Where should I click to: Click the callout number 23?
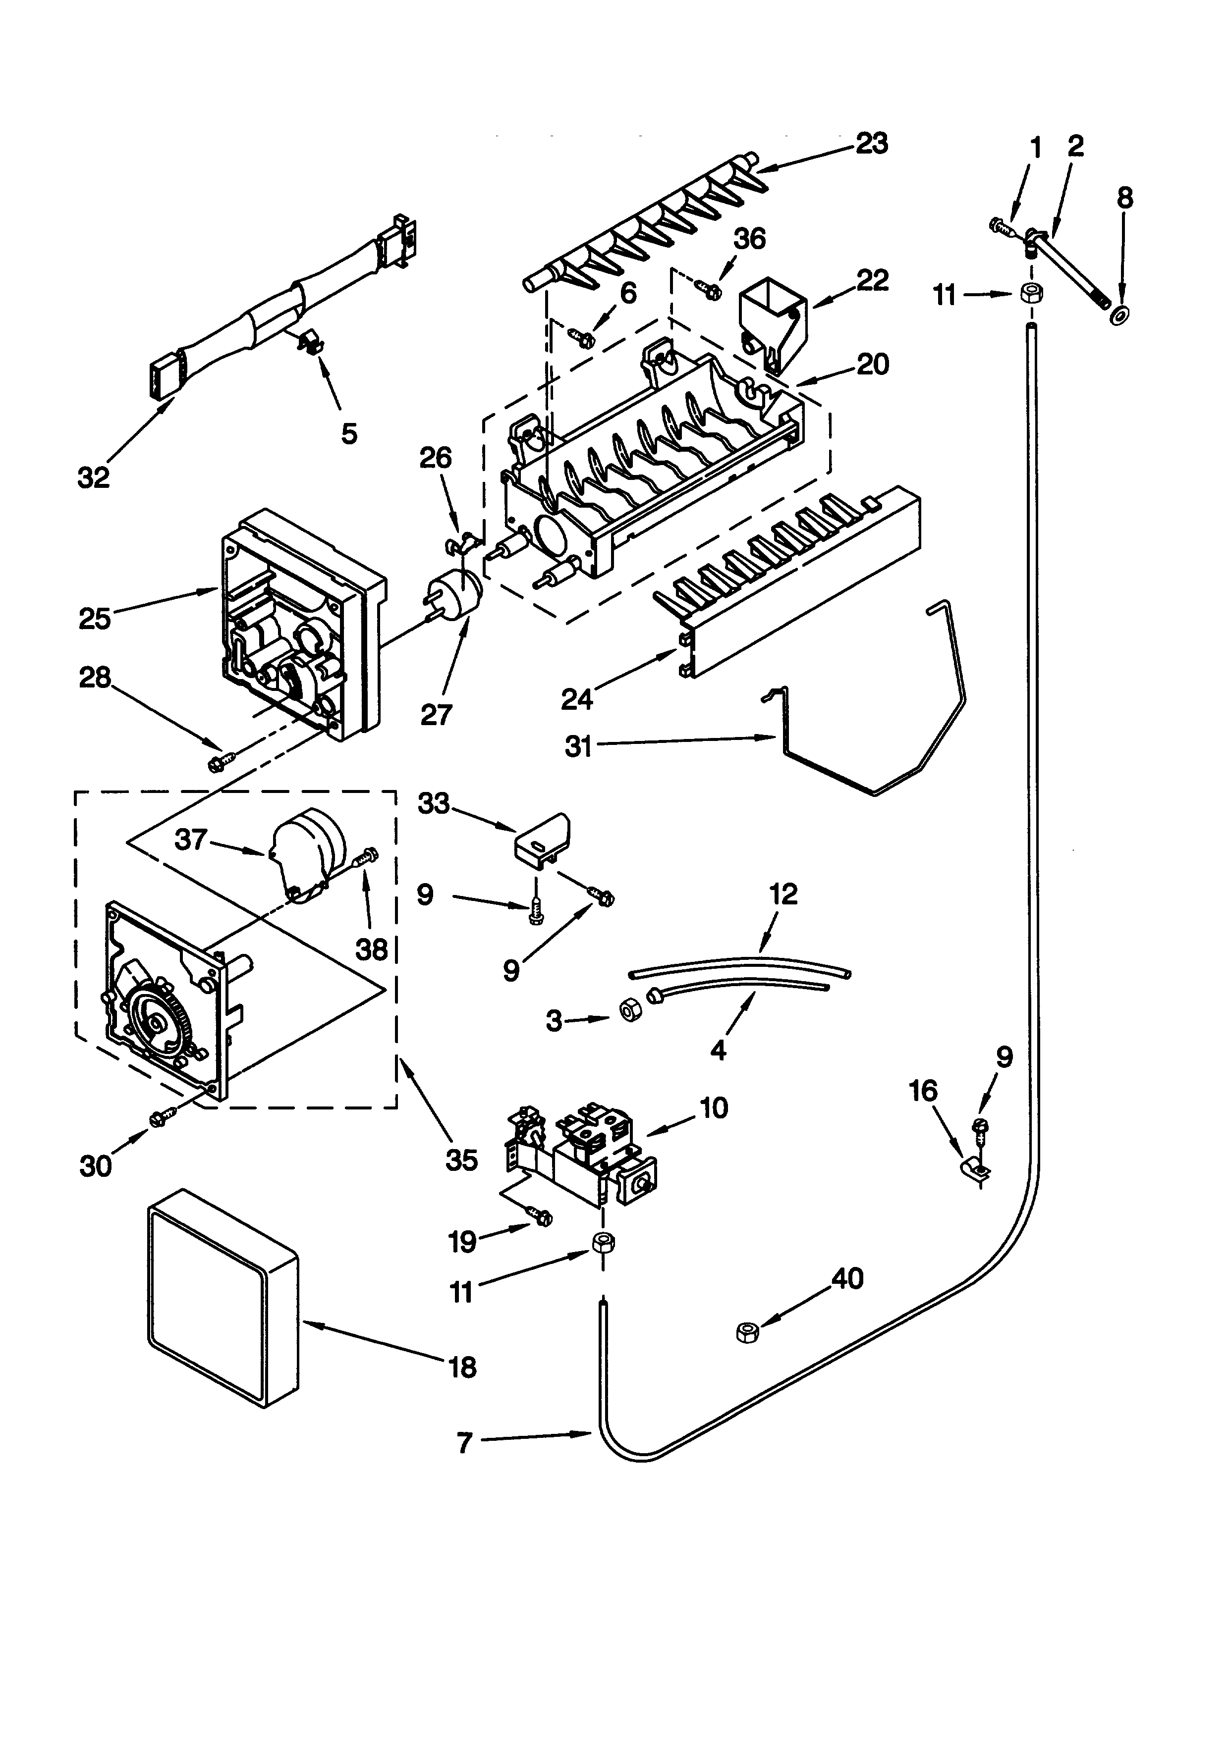click(871, 143)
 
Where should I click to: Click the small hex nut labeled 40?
click(748, 1331)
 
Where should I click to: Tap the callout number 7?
click(465, 1443)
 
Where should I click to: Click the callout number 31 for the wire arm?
click(578, 747)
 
